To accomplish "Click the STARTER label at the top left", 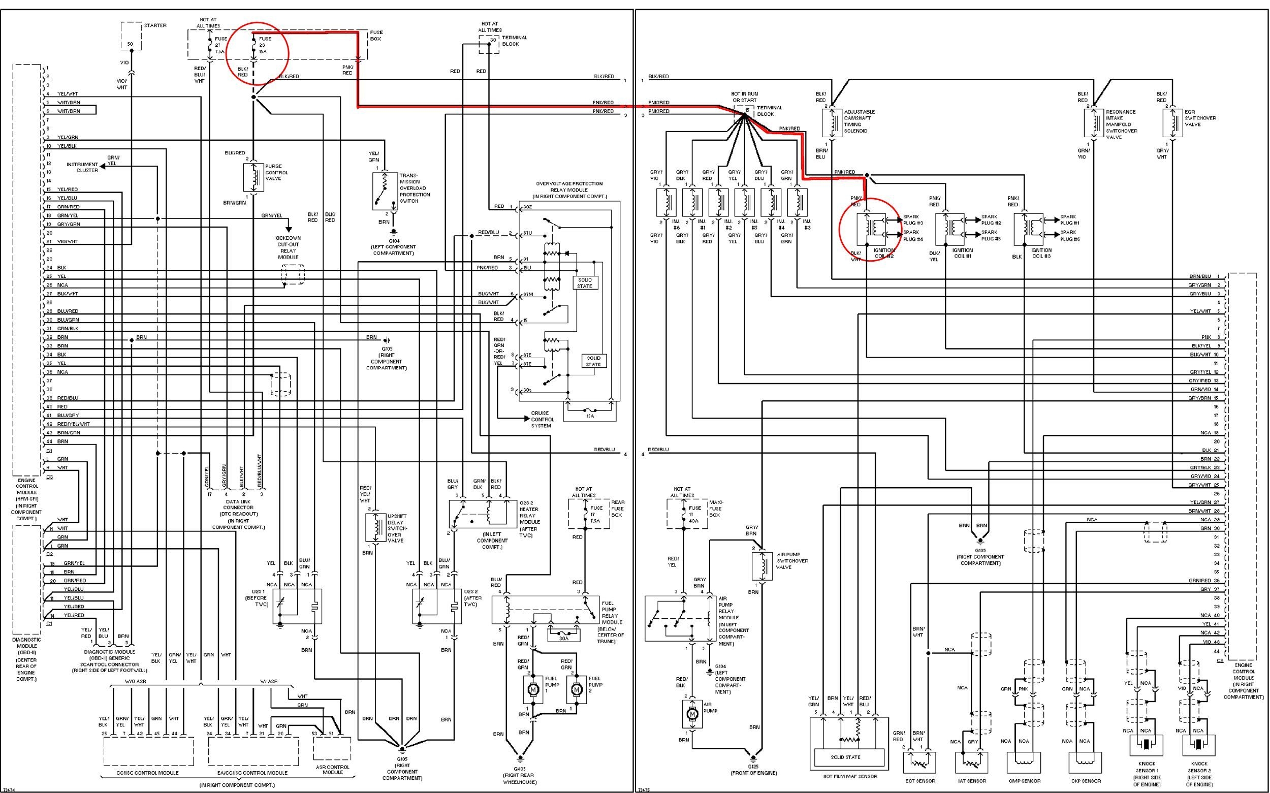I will [x=155, y=26].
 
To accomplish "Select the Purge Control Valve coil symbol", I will [x=254, y=177].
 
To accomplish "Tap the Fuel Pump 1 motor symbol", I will [x=533, y=690].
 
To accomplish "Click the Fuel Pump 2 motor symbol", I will [x=576, y=690].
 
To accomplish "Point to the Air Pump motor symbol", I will [x=692, y=714].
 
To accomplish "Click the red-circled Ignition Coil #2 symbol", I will [x=872, y=228].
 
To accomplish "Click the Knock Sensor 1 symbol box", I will [x=1146, y=745].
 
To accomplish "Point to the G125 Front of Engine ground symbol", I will [x=753, y=757].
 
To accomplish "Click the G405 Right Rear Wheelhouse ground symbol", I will [x=520, y=757].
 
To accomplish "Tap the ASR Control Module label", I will [x=332, y=770].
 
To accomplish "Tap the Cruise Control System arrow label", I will [x=542, y=419].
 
